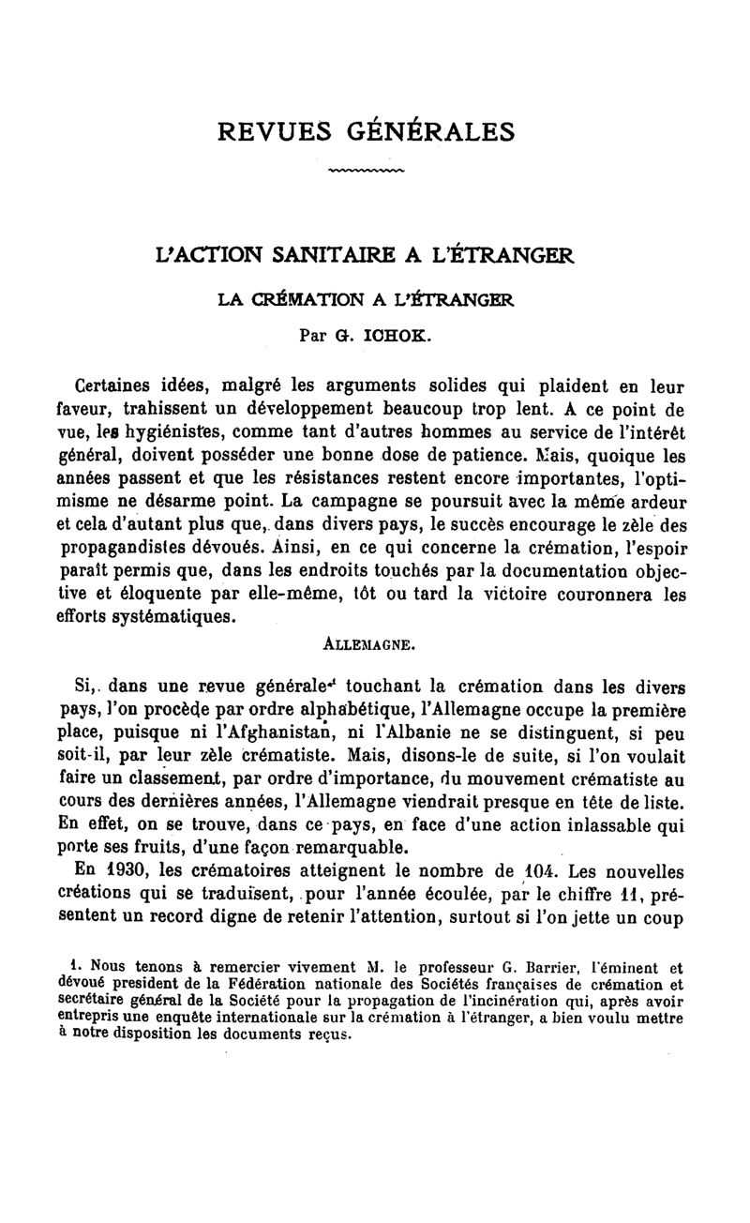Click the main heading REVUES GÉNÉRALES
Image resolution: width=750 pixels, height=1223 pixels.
[367, 130]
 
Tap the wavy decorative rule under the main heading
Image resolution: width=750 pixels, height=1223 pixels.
[367, 172]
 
